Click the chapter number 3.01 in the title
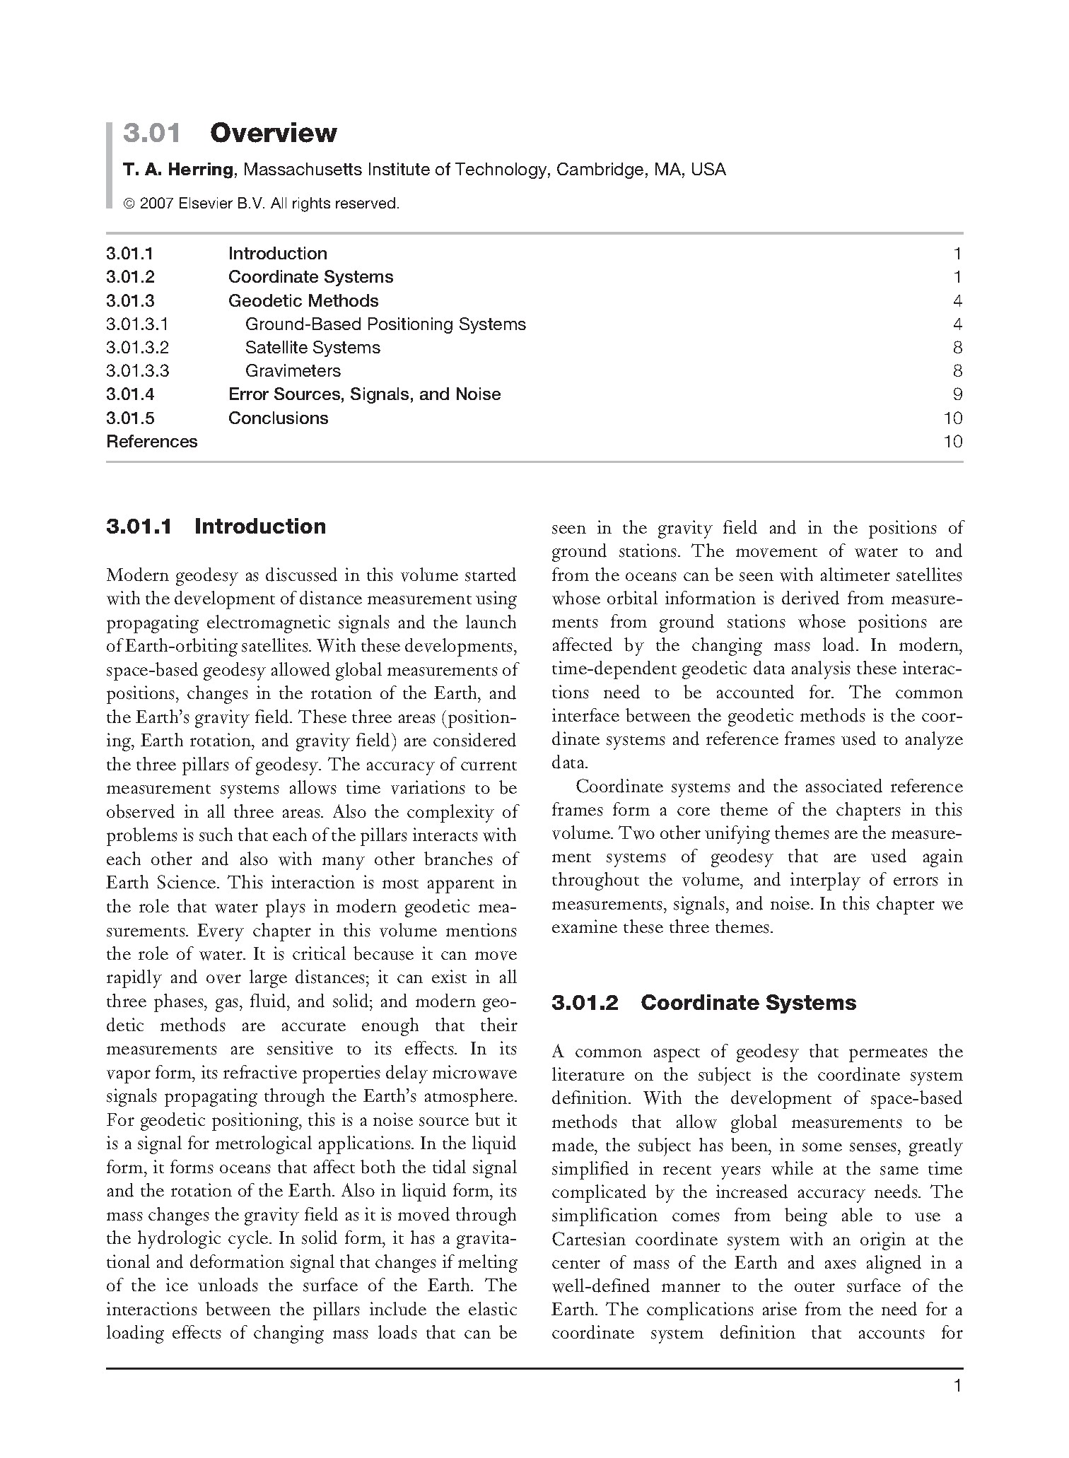click(151, 133)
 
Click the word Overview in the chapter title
click(273, 133)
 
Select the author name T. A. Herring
click(177, 170)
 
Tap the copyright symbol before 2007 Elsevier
click(129, 204)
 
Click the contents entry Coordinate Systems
click(310, 277)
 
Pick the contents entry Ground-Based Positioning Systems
click(385, 324)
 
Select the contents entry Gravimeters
click(293, 371)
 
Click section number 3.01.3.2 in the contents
click(138, 348)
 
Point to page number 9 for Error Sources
click(957, 394)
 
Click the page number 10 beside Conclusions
click(953, 418)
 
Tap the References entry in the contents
click(152, 442)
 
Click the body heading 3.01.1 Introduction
click(216, 527)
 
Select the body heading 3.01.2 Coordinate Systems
click(703, 1003)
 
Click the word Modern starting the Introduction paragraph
click(137, 576)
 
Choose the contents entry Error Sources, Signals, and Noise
click(364, 394)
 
